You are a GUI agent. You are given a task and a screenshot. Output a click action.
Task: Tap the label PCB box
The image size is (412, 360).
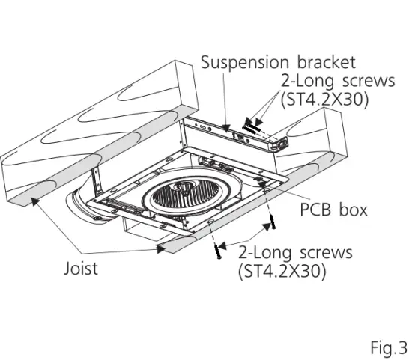click(334, 209)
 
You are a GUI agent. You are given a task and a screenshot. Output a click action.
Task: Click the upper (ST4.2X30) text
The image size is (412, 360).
click(324, 100)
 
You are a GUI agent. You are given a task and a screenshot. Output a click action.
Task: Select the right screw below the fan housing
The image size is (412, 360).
click(270, 222)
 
